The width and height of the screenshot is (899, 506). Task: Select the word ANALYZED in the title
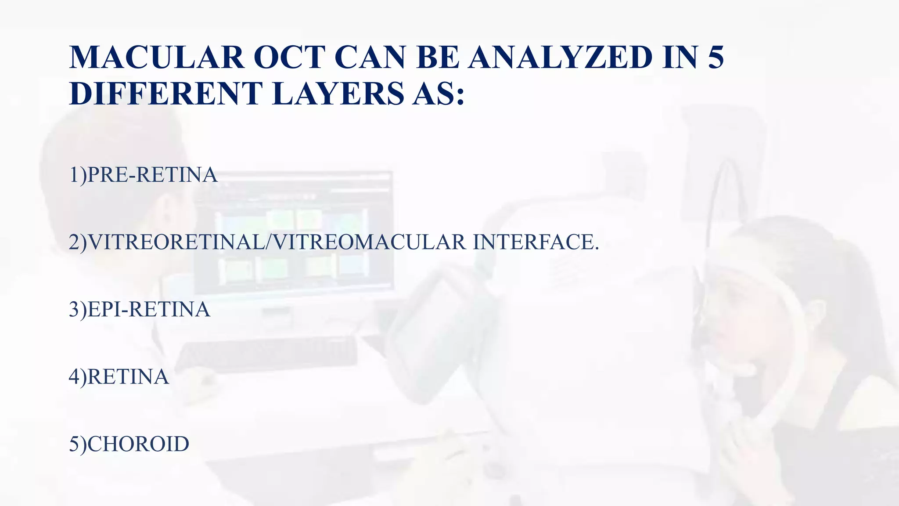560,57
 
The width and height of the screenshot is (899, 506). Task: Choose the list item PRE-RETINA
152,175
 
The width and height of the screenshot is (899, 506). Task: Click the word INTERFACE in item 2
536,242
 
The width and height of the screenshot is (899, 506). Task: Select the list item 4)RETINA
119,377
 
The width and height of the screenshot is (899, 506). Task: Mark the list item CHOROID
138,444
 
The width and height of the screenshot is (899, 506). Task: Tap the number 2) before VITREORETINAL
78,242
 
